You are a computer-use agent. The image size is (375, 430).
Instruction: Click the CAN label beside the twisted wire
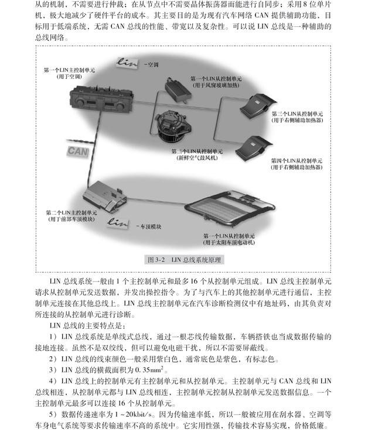(78, 151)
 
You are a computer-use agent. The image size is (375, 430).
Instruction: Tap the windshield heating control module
(178, 89)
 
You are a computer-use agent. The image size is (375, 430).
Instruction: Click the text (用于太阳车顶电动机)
(229, 242)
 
